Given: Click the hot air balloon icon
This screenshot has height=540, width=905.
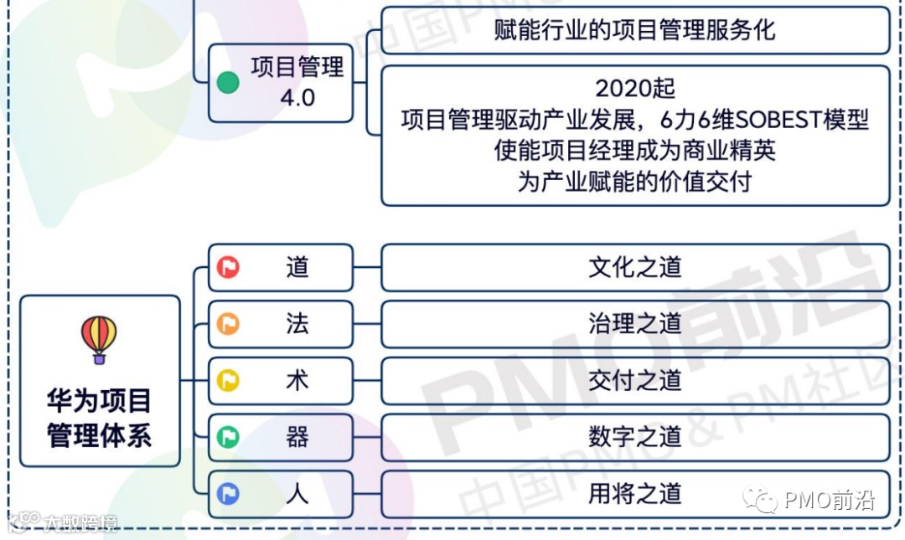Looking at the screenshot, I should click(x=99, y=339).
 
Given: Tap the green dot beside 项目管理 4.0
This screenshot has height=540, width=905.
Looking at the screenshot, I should click(x=228, y=82).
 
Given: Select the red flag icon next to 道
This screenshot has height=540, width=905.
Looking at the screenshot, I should click(x=228, y=267).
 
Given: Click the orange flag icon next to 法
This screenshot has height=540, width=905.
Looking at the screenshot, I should click(x=228, y=324).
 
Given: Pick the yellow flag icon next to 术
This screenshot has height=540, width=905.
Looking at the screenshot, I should click(x=228, y=381).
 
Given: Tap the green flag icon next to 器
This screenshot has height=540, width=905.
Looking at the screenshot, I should click(x=228, y=437).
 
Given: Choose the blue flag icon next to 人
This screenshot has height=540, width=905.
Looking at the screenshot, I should click(x=228, y=494).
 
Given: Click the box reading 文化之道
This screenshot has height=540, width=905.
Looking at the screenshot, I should click(x=634, y=267).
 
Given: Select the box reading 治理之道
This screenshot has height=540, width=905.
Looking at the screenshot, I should click(x=634, y=324).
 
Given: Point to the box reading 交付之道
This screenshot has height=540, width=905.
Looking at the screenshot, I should click(x=634, y=381).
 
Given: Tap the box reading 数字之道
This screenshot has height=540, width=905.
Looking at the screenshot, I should click(x=634, y=437).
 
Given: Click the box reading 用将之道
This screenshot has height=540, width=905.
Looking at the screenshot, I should click(x=634, y=494).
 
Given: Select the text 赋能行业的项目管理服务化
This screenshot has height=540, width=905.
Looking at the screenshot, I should click(x=634, y=31).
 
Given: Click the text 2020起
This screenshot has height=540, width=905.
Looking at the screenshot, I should click(x=635, y=88).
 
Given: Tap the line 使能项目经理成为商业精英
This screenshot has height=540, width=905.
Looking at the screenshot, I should click(x=634, y=151).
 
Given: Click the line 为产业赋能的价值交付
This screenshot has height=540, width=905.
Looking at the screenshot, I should click(x=634, y=182).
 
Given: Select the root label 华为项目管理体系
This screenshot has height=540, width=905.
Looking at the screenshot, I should click(x=99, y=418).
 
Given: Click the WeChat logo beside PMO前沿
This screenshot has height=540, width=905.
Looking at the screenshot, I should click(x=760, y=501).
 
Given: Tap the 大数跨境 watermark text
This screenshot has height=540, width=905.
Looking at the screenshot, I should click(x=80, y=523).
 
